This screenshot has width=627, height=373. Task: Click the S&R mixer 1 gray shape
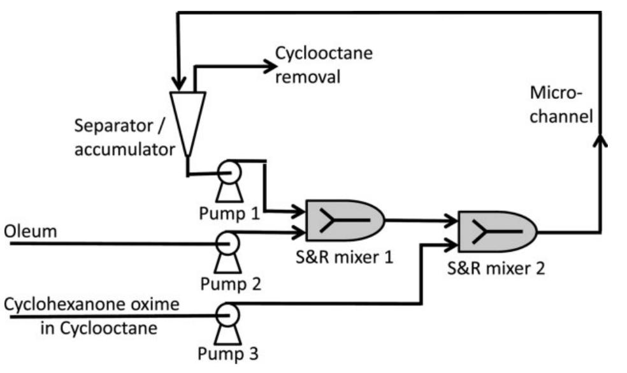click(344, 219)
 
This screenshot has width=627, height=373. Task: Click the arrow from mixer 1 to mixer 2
click(421, 221)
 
